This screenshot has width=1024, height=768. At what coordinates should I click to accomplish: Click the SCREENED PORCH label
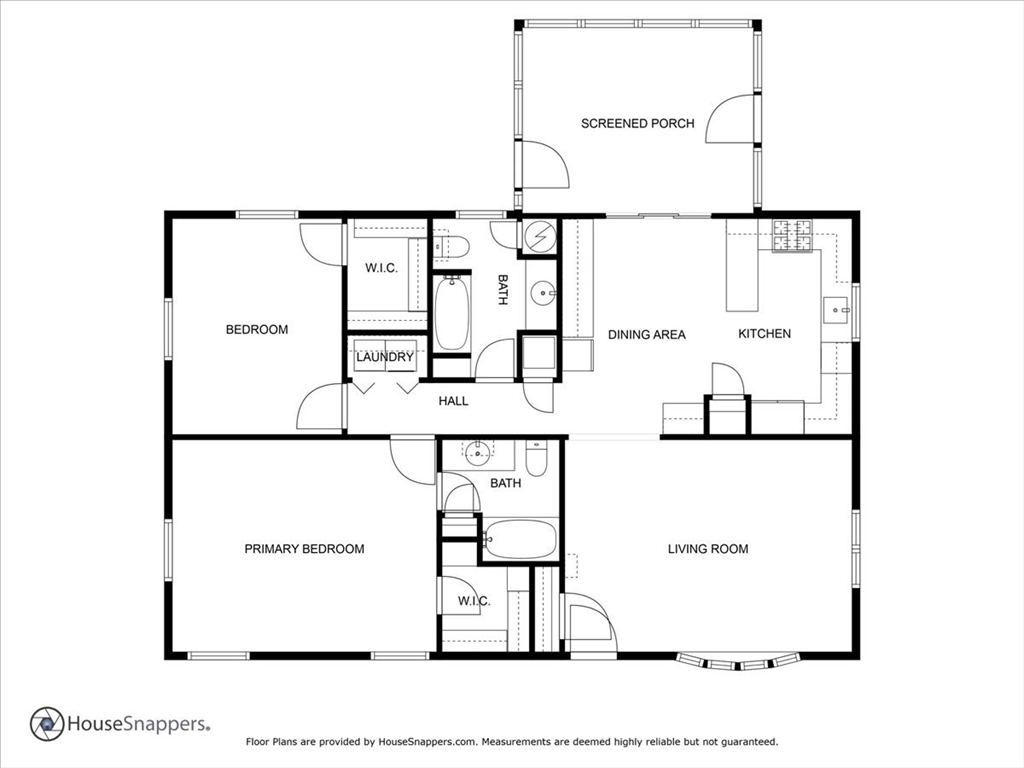pyautogui.click(x=637, y=123)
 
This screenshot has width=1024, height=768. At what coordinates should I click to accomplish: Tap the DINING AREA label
pyautogui.click(x=647, y=335)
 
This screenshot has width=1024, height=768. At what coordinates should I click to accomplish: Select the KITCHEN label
pyautogui.click(x=764, y=334)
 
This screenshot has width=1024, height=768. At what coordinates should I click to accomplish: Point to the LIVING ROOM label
pyautogui.click(x=708, y=549)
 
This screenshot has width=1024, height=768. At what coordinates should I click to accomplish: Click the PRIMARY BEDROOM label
pyautogui.click(x=304, y=549)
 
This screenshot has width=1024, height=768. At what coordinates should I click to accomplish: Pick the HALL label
pyautogui.click(x=453, y=401)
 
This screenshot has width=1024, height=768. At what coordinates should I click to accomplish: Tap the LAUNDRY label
pyautogui.click(x=385, y=357)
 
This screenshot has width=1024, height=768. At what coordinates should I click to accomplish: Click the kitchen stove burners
pyautogui.click(x=792, y=235)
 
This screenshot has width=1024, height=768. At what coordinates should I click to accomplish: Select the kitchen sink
pyautogui.click(x=835, y=310)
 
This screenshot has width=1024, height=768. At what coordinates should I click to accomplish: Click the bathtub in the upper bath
pyautogui.click(x=451, y=313)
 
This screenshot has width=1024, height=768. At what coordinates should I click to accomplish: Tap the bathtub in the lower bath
pyautogui.click(x=520, y=539)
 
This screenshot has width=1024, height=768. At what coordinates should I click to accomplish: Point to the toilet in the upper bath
pyautogui.click(x=451, y=247)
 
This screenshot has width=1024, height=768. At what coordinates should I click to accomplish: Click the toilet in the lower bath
pyautogui.click(x=536, y=458)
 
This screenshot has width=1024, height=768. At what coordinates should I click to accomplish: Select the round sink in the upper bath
pyautogui.click(x=541, y=294)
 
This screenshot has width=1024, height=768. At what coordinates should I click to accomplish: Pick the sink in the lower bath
pyautogui.click(x=478, y=452)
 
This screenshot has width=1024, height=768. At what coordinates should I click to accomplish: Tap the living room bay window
pyautogui.click(x=738, y=662)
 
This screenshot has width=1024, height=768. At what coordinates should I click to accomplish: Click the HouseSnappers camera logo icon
pyautogui.click(x=47, y=724)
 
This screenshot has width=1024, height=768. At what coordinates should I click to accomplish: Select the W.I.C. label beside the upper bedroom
pyautogui.click(x=381, y=268)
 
